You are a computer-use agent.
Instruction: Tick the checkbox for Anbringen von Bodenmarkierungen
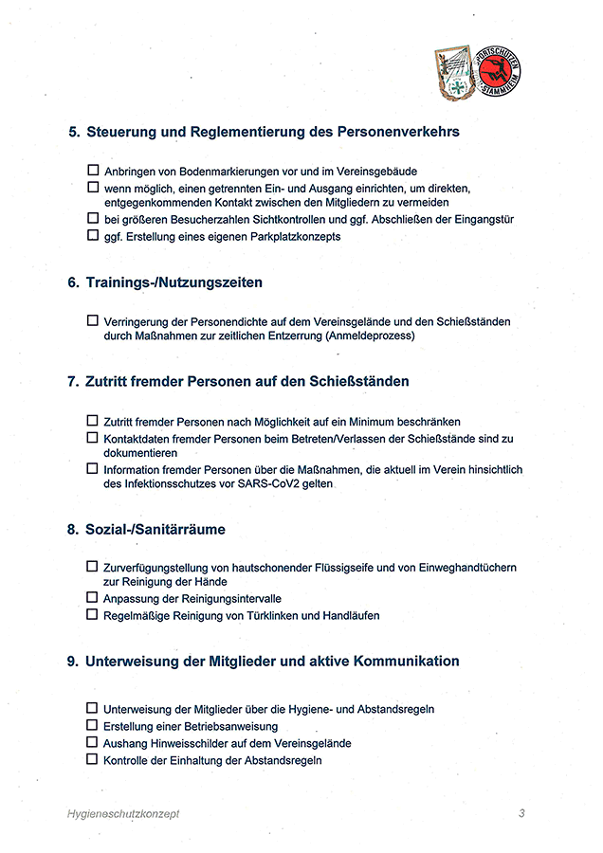93,172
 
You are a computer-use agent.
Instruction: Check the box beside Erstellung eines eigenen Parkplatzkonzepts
93,236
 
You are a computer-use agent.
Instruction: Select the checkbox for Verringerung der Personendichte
93,321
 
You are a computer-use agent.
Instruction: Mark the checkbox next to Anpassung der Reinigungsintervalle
93,598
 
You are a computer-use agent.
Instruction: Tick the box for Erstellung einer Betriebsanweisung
93,725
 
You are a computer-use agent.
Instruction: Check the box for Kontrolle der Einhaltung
93,759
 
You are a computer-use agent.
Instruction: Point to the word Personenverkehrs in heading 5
398,132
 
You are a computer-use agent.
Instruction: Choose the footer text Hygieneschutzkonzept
123,813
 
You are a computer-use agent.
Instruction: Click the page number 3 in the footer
521,813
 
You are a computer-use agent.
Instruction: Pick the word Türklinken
265,615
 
